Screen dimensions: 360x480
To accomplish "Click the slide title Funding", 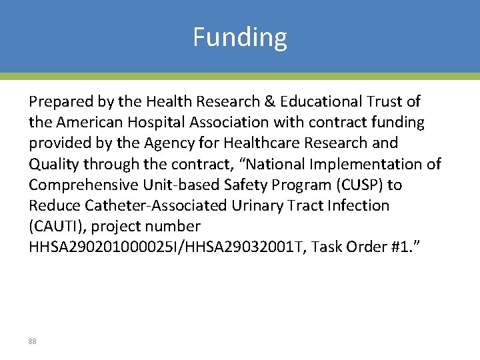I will [x=240, y=37].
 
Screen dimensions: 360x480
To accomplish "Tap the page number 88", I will [x=32, y=341].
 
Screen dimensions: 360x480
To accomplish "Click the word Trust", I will [x=385, y=101].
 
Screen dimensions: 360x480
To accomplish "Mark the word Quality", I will [x=52, y=164].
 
